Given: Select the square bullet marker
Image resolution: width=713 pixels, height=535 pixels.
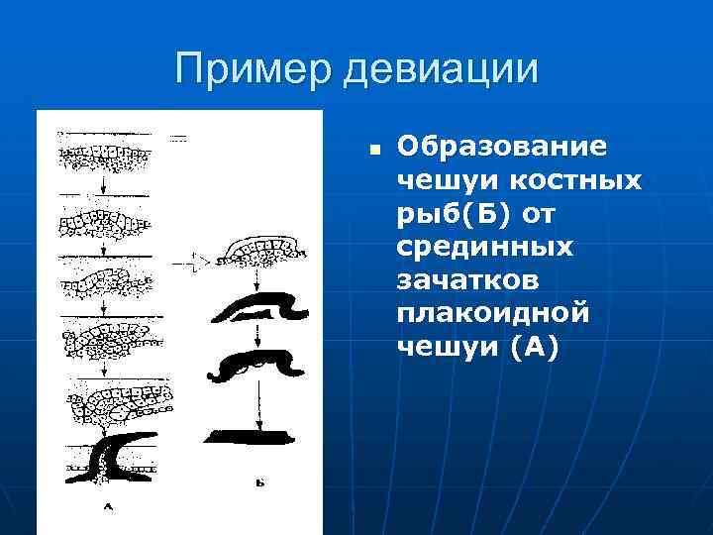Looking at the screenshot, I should [375, 152].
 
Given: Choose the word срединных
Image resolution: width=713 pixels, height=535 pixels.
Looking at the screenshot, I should [486, 247].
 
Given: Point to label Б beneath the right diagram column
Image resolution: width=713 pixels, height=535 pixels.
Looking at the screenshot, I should [258, 484].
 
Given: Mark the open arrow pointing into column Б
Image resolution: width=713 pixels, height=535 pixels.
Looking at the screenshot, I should [193, 263].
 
